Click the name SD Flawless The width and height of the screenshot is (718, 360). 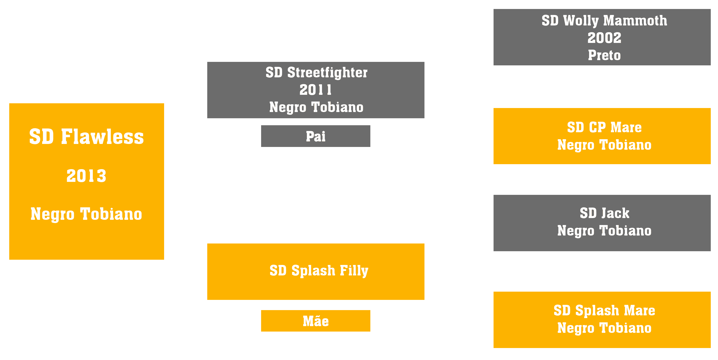86,137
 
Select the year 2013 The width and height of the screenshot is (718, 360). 86,176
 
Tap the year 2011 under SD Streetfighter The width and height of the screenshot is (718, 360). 315,90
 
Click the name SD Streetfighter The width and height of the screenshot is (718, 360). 316,73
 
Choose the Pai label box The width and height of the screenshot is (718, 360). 315,136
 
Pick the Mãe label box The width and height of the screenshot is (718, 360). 315,321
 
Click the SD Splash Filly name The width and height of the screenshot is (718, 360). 319,271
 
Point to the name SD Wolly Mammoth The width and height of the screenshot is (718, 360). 604,21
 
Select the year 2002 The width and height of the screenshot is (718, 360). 604,38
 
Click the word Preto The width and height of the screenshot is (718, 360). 604,55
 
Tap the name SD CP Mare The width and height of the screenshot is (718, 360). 604,127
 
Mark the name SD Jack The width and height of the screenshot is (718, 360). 604,213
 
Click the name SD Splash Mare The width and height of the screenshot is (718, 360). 604,310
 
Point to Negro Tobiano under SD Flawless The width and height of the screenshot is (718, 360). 86,214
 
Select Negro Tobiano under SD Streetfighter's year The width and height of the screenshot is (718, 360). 316,107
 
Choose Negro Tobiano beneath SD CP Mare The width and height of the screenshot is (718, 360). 604,145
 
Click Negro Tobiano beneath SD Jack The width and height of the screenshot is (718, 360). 604,231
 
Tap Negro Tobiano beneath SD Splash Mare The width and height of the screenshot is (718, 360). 604,328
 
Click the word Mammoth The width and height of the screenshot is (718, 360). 635,20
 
